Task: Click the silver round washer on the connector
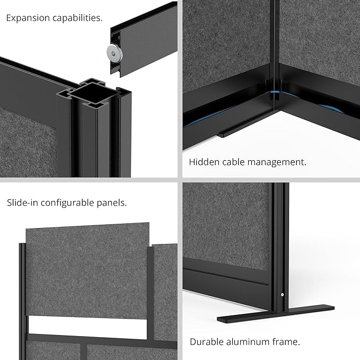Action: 112,51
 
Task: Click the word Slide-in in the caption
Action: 24,203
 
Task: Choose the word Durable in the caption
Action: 206,341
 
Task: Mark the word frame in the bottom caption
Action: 287,341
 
